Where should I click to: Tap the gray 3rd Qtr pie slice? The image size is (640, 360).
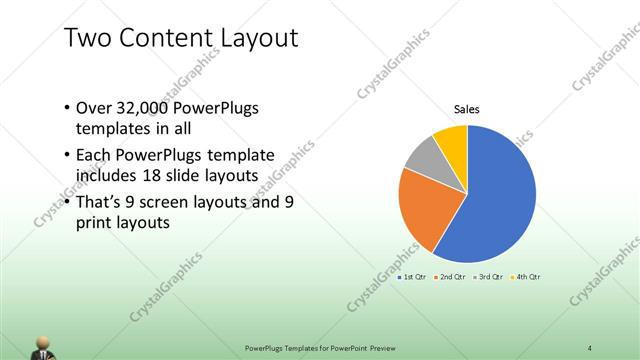tap(424, 159)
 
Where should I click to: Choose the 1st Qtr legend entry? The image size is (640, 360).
tap(413, 276)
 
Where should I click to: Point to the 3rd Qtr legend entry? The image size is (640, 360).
tap(487, 276)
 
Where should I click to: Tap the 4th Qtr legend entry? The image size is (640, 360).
tap(525, 276)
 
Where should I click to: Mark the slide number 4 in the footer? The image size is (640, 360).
tap(590, 348)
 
